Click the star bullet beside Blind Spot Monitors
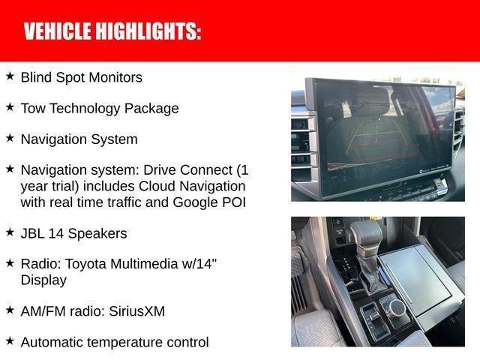coord(10,76)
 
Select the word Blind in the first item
coord(36,77)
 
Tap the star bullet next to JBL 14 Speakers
coord(10,232)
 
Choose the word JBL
coord(34,233)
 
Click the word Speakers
coord(97,233)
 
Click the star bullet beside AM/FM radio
coord(10,309)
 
